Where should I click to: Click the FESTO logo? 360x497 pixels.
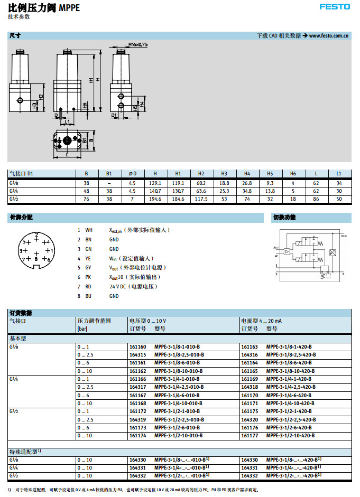pyautogui.click(x=334, y=7)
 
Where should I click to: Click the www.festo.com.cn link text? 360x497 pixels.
pyautogui.click(x=328, y=36)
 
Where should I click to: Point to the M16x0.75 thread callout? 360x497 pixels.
pyautogui.click(x=136, y=44)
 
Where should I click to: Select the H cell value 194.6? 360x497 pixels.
pyautogui.click(x=155, y=199)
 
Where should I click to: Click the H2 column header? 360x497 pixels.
pyautogui.click(x=201, y=173)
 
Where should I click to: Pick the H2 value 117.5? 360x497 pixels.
pyautogui.click(x=201, y=199)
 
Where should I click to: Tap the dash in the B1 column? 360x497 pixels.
pyautogui.click(x=109, y=182)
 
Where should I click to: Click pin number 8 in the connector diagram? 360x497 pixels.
pyautogui.click(x=36, y=259)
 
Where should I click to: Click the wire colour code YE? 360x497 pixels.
pyautogui.click(x=88, y=258)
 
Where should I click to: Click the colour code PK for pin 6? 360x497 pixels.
pyautogui.click(x=88, y=277)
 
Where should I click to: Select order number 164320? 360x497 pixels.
pyautogui.click(x=249, y=419)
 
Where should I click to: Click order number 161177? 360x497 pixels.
pyautogui.click(x=249, y=436)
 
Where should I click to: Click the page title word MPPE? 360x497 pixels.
pyautogui.click(x=70, y=7)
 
